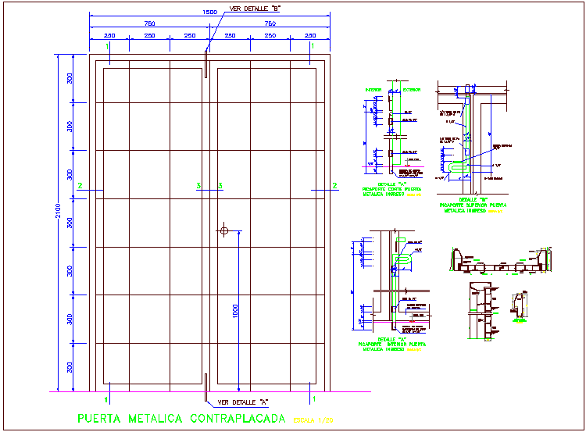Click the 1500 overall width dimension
(x=209, y=12)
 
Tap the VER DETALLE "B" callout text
(x=254, y=9)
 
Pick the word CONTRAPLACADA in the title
(x=238, y=419)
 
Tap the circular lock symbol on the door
(x=225, y=230)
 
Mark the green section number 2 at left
(x=80, y=185)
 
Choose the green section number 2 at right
(x=334, y=185)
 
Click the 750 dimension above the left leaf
(x=148, y=23)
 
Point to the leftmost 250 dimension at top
(x=109, y=36)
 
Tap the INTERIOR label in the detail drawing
(x=373, y=90)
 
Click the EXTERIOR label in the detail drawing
(x=411, y=90)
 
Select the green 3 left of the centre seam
(x=198, y=185)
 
